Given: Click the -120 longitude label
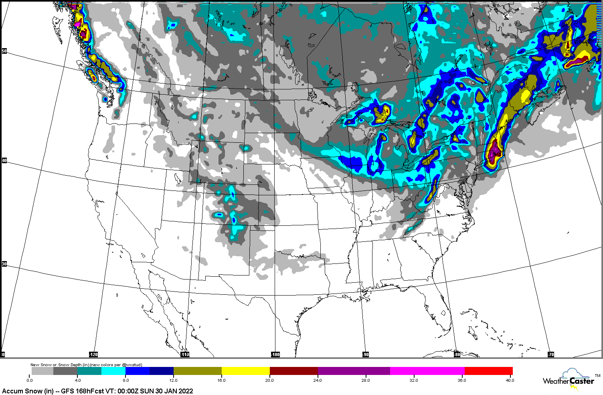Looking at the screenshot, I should [x=93, y=354].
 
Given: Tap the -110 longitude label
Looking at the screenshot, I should [x=184, y=354].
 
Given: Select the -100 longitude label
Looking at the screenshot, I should [x=275, y=354].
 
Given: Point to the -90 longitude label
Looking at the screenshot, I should [x=365, y=354].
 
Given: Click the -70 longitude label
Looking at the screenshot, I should [x=551, y=354].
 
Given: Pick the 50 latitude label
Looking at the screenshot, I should [x=4, y=51].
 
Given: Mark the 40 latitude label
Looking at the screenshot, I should [x=4, y=161].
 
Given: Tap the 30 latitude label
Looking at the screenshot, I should [x=4, y=264].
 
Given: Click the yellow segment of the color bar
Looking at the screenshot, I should [x=245, y=371].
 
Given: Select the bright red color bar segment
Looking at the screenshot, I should [x=488, y=371].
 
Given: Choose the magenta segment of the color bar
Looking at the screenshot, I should [x=427, y=371].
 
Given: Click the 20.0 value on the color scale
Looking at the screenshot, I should [x=269, y=380].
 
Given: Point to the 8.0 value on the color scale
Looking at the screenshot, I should [x=125, y=380].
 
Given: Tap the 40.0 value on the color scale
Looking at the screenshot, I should [x=509, y=380].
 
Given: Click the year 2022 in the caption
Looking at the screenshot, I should [x=185, y=391].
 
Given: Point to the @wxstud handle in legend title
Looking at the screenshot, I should [x=131, y=365].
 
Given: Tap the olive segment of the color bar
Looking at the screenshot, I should [x=197, y=371].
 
